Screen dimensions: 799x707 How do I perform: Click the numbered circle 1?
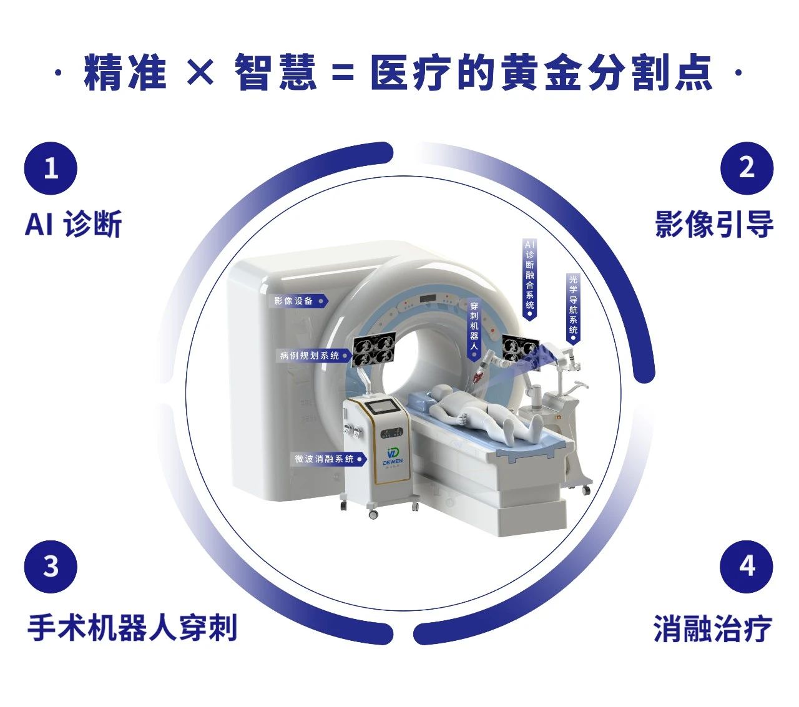(x=51, y=168)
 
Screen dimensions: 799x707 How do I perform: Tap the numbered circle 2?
(x=747, y=168)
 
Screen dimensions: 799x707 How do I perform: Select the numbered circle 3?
(x=51, y=567)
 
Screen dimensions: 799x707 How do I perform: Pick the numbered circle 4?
(x=747, y=567)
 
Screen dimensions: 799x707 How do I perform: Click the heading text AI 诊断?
(x=74, y=224)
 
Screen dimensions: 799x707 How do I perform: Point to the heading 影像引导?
(x=714, y=224)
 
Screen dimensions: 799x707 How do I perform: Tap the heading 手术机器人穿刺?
(x=132, y=628)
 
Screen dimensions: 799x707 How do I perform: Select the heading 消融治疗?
(x=713, y=628)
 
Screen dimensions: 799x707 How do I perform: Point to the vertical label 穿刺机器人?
(x=474, y=329)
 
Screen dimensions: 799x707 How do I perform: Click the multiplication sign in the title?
(x=200, y=72)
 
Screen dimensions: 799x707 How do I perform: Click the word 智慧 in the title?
(x=275, y=72)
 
